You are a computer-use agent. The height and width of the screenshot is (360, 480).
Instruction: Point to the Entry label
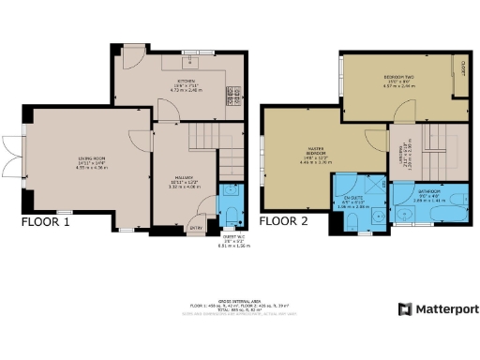[197, 227]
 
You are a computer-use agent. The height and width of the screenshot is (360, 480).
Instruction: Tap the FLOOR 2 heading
[284, 223]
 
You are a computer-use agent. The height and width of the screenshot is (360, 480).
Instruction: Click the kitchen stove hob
[229, 96]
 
